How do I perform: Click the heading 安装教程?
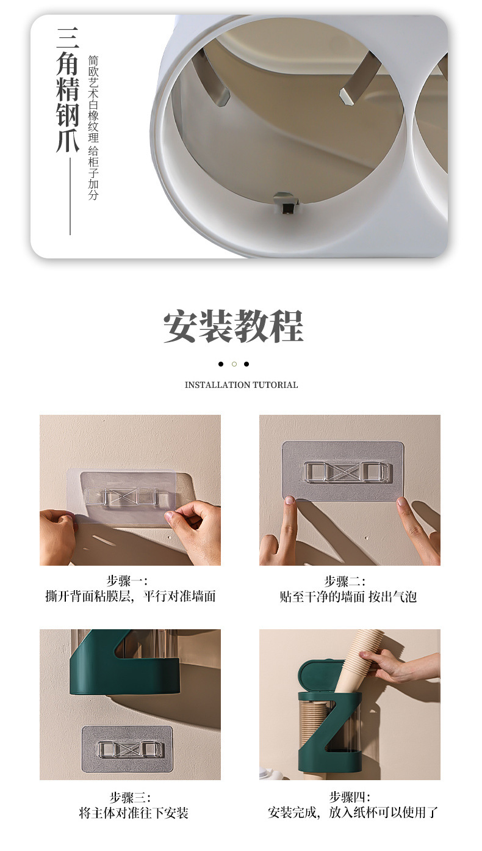coord(234,326)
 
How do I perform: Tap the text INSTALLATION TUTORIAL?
coord(242,385)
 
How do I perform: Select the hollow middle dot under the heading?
coord(234,364)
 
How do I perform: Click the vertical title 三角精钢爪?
coord(68,90)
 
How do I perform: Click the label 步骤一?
coord(127,581)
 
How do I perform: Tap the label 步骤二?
coord(345,581)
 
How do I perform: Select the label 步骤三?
coord(130,797)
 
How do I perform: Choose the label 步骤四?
coord(350,797)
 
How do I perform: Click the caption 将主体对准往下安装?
coord(134,813)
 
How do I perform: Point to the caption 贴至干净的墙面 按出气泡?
coord(348,597)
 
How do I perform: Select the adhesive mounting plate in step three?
coord(128,749)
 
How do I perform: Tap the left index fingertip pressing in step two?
coord(289,501)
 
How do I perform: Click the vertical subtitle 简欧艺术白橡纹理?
coord(93,99)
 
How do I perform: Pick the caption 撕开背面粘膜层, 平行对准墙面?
coord(131,596)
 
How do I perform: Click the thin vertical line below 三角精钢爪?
coord(70,197)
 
